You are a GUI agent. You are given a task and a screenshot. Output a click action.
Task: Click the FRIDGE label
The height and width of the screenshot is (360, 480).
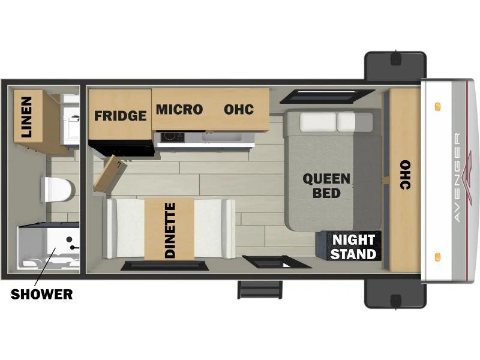click(x=121, y=116)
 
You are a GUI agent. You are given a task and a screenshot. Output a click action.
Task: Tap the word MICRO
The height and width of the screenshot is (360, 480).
click(x=179, y=110)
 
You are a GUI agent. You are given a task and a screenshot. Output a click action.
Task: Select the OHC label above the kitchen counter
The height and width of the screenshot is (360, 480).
click(x=239, y=110)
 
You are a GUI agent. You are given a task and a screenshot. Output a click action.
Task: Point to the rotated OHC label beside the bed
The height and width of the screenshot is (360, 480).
click(x=406, y=175)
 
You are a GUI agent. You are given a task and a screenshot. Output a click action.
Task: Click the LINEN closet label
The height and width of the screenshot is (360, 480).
click(x=26, y=117)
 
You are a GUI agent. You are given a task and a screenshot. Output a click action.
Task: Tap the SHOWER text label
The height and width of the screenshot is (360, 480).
click(x=41, y=294)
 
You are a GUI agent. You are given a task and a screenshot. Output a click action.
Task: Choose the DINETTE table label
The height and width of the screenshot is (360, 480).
click(x=170, y=230)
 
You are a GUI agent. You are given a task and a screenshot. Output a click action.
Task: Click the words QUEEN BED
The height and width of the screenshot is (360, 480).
click(x=326, y=186)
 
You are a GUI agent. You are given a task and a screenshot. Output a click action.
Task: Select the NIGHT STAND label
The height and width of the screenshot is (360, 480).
click(x=353, y=247)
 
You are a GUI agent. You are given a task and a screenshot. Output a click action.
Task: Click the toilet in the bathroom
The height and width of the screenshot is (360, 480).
click(x=58, y=189)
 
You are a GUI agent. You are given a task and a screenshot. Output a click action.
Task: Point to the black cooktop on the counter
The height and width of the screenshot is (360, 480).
click(x=173, y=137)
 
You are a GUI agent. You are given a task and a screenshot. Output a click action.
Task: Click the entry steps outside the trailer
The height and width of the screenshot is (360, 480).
click(x=260, y=289)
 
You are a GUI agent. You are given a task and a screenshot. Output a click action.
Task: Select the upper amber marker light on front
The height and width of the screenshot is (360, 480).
click(x=437, y=107)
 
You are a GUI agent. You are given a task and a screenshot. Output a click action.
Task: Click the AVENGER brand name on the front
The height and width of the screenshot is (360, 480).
click(x=457, y=177)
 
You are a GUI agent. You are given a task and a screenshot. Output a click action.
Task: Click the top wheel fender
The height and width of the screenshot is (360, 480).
click(x=395, y=65)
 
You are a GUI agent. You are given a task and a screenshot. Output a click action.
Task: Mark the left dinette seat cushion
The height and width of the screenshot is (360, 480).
click(x=125, y=229)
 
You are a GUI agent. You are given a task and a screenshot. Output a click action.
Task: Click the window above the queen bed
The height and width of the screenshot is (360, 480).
click(x=327, y=96)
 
